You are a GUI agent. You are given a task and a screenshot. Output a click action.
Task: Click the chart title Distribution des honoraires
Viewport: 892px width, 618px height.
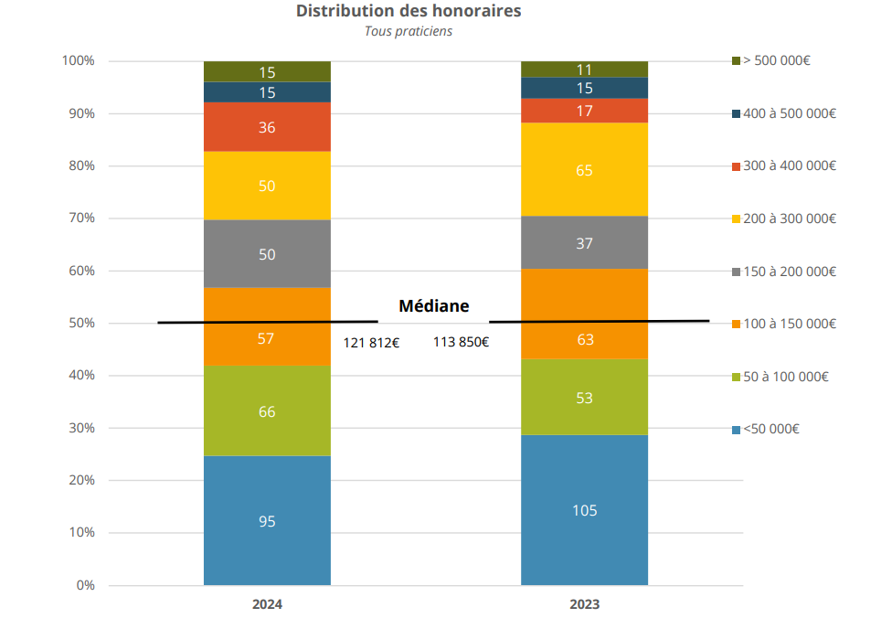[x=409, y=11]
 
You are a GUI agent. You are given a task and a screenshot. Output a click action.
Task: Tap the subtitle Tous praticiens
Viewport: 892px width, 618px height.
[x=409, y=31]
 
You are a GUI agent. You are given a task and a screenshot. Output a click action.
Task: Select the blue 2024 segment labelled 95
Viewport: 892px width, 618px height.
[x=267, y=521]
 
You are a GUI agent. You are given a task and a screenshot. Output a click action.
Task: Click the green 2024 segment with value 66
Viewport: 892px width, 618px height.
[x=267, y=411]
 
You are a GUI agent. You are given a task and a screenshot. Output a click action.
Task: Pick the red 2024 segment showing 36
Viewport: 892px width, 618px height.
[x=267, y=127]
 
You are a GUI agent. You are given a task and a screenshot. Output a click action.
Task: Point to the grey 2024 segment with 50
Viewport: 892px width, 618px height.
[x=267, y=254]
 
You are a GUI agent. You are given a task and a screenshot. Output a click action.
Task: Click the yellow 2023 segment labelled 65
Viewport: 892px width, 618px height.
[x=585, y=169]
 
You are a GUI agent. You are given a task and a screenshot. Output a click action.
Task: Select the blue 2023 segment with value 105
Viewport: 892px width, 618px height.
[x=585, y=510]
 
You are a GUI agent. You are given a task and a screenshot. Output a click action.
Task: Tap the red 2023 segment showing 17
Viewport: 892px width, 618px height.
[x=585, y=111]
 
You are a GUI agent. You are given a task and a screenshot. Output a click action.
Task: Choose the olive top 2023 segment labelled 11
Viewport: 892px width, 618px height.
[x=585, y=69]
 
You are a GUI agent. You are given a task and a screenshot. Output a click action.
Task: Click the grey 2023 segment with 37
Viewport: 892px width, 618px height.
[x=585, y=242]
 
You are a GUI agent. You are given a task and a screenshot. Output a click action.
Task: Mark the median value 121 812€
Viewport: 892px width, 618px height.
[x=371, y=343]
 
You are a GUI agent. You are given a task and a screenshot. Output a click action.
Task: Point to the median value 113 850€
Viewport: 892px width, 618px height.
[x=461, y=343]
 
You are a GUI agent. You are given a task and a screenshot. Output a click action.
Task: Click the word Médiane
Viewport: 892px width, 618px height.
[x=433, y=306]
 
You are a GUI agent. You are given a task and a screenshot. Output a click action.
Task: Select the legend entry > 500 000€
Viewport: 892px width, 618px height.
[x=777, y=60]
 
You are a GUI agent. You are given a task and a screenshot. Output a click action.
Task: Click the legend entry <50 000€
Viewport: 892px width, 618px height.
[x=770, y=429]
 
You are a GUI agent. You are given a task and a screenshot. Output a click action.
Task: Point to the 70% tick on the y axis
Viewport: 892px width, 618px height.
[x=79, y=218]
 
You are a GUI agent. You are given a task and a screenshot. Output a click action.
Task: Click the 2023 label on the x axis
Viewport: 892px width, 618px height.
[x=585, y=605]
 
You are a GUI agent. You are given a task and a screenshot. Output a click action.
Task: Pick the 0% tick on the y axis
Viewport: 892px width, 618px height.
[x=85, y=585]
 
